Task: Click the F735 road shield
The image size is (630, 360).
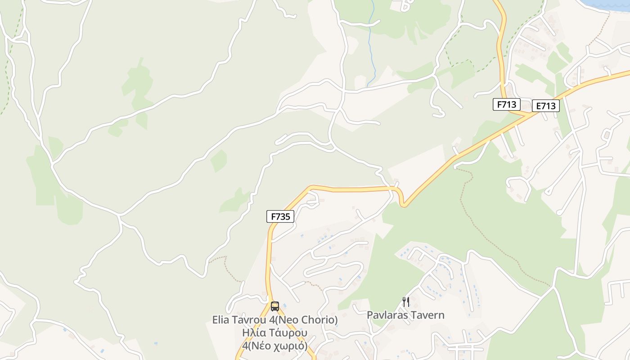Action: [280, 216]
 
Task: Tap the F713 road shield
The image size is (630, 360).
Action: [506, 105]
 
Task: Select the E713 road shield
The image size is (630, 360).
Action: [545, 106]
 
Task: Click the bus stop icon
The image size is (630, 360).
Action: [275, 306]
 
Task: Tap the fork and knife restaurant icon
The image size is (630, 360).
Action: [405, 301]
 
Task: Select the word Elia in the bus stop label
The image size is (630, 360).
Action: [220, 320]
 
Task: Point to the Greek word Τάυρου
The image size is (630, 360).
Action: [288, 333]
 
